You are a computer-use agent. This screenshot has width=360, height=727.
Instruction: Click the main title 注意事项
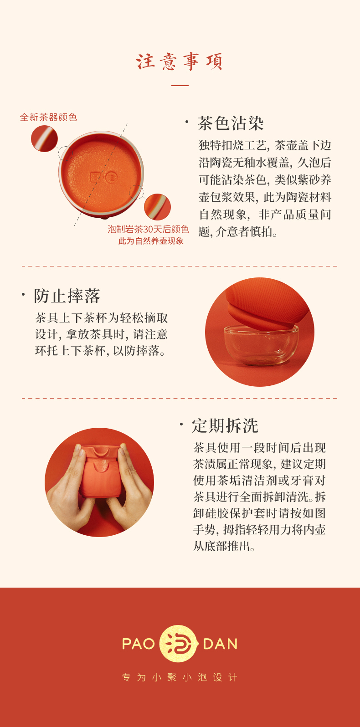[x=180, y=61]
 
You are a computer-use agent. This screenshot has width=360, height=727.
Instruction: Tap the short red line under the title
[x=180, y=86]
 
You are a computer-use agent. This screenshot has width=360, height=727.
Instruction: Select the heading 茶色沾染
[x=230, y=123]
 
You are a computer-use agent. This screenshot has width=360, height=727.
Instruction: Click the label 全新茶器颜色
[x=48, y=117]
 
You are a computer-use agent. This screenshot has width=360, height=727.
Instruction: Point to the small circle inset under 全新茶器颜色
[x=44, y=138]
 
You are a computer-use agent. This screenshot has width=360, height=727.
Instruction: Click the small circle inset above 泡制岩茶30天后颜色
[x=157, y=207]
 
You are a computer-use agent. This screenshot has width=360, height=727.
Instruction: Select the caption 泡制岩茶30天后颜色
[x=148, y=230]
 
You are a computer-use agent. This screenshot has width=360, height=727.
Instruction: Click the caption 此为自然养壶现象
[x=151, y=241]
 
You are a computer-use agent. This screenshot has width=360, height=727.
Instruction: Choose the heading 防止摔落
[x=67, y=296]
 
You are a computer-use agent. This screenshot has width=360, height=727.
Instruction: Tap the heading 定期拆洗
[x=225, y=426]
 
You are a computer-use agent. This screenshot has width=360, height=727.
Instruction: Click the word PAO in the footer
[x=139, y=644]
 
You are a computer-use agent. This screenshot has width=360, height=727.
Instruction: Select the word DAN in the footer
[x=220, y=644]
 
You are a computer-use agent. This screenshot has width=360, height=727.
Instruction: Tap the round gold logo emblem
[x=179, y=644]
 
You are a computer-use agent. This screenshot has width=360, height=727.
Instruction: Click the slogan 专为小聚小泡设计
[x=180, y=677]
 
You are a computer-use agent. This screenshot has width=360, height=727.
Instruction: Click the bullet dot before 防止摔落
[x=23, y=294]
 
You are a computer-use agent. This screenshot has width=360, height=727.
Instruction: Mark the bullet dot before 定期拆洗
[x=181, y=424]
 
